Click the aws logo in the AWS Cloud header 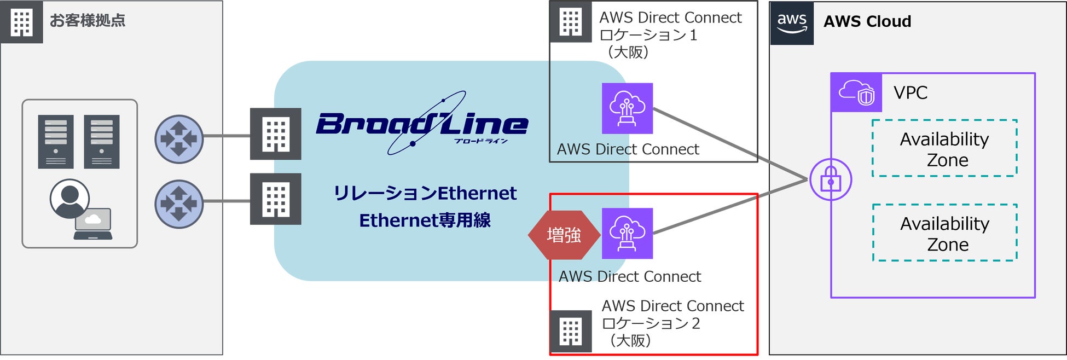[791, 22]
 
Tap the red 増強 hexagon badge [564, 235]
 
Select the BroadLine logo [422, 124]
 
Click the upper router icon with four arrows [179, 139]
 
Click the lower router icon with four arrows [179, 204]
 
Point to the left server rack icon [56, 142]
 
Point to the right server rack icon [102, 142]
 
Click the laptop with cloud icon [94, 224]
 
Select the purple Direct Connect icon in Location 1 [627, 108]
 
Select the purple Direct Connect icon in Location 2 [627, 234]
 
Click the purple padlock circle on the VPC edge [831, 179]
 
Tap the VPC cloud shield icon [856, 93]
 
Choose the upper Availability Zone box [944, 148]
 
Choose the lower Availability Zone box [944, 233]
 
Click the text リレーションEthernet [425, 193]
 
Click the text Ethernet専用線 [425, 220]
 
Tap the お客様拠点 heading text [88, 21]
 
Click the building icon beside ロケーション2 [571, 332]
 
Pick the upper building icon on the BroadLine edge [275, 134]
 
